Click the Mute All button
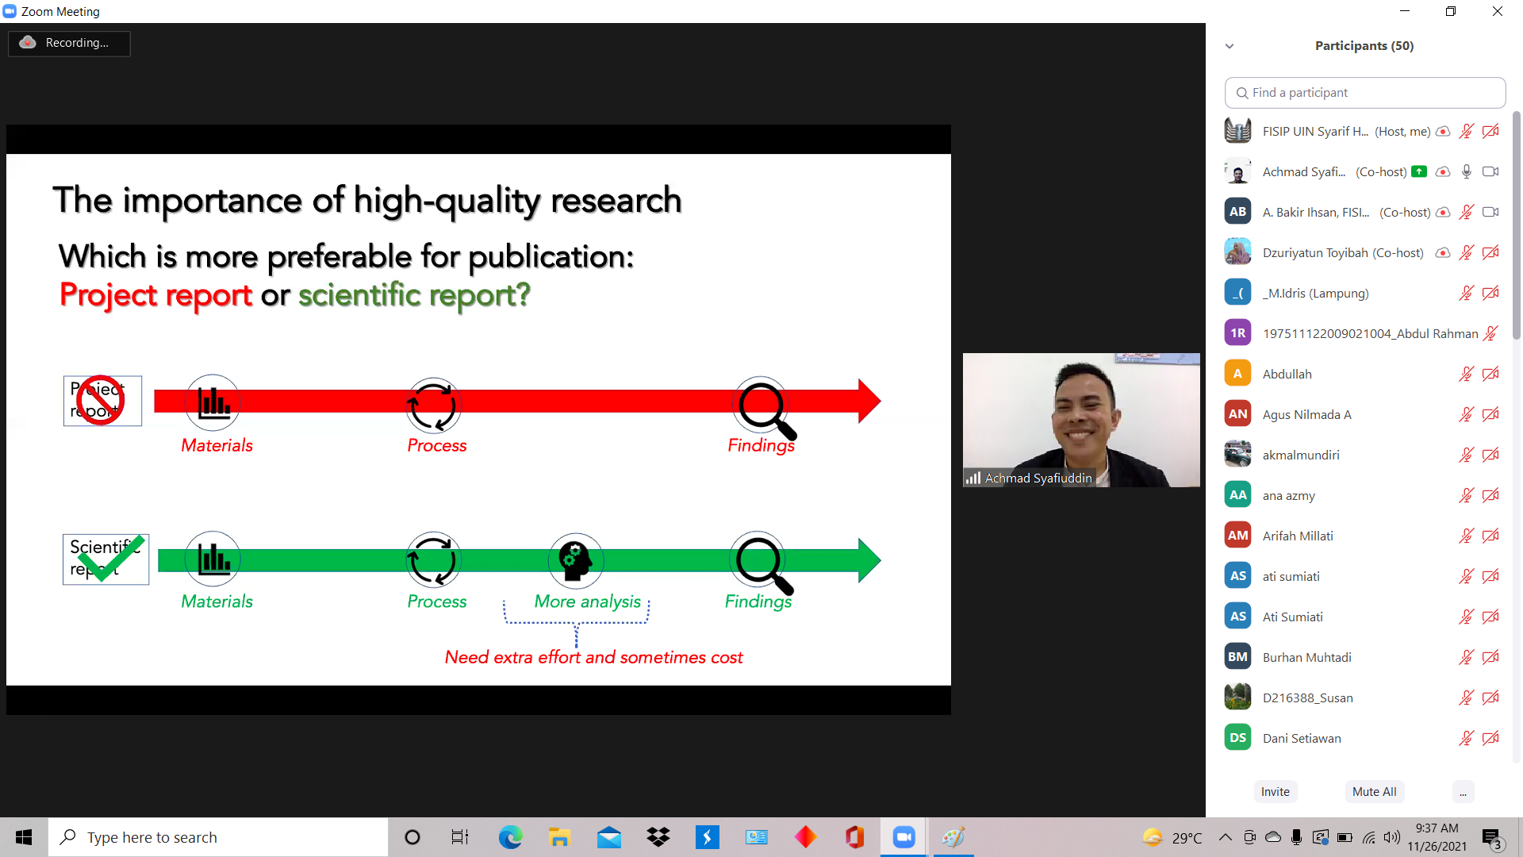coord(1374,791)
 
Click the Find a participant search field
coord(1365,93)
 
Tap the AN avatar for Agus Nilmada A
coord(1237,414)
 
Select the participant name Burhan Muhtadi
coord(1306,657)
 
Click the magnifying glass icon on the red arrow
coord(765,409)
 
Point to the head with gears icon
coord(575,559)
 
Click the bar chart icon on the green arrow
coord(213,559)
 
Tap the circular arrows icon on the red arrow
coord(432,405)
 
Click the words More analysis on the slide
coord(587,601)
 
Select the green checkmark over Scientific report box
coord(111,557)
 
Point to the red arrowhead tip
coord(880,401)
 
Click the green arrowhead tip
coord(880,561)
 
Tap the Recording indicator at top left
coord(69,43)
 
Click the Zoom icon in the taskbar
coord(903,837)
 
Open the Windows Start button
coord(24,837)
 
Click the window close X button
coord(1498,11)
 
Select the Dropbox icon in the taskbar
coord(658,837)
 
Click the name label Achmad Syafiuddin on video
coord(1038,478)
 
